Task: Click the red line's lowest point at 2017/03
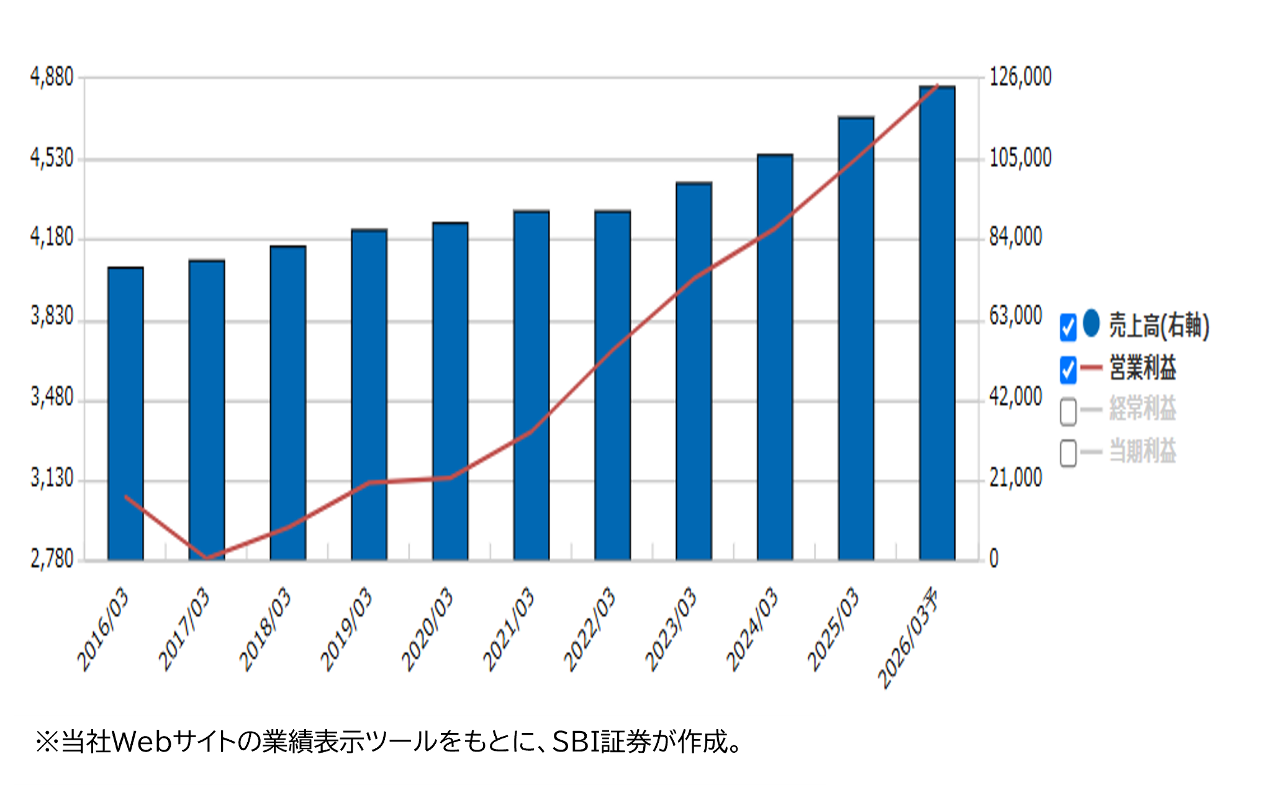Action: [207, 557]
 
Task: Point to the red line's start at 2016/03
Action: [126, 496]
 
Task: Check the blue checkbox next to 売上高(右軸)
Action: [1068, 327]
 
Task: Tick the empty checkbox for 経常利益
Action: [1068, 411]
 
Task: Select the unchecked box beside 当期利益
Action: [1068, 452]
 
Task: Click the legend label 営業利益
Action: [1142, 369]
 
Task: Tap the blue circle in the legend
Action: [1091, 323]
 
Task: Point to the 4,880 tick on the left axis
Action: [52, 77]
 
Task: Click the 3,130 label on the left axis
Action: [52, 478]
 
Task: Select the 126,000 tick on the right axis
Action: [1020, 77]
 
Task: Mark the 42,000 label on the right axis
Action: [1015, 397]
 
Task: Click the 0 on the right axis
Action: [993, 559]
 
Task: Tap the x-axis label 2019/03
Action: [346, 628]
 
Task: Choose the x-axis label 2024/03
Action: [752, 628]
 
